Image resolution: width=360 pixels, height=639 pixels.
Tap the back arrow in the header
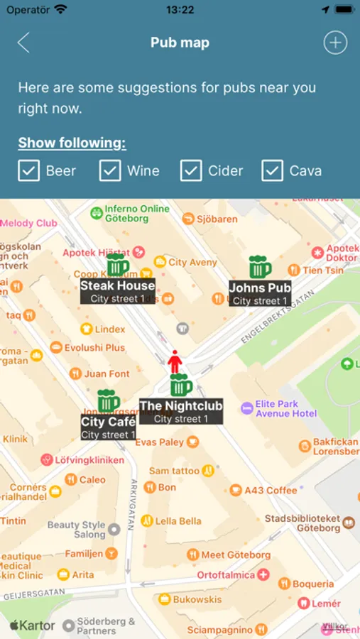pyautogui.click(x=23, y=43)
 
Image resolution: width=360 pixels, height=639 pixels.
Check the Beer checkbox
pyautogui.click(x=28, y=170)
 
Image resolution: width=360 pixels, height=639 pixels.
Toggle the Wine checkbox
pyautogui.click(x=110, y=170)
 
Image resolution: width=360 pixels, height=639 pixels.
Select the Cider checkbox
pyautogui.click(x=191, y=170)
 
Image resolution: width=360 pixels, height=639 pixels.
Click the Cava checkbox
pyautogui.click(x=273, y=170)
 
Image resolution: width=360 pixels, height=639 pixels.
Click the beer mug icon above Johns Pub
pyautogui.click(x=260, y=267)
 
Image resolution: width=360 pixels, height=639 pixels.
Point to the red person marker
pyautogui.click(x=175, y=361)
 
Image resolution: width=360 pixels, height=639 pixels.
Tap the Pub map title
pyautogui.click(x=180, y=43)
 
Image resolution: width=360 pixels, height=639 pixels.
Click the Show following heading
pyautogui.click(x=72, y=143)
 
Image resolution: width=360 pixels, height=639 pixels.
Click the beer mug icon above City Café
pyautogui.click(x=108, y=400)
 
